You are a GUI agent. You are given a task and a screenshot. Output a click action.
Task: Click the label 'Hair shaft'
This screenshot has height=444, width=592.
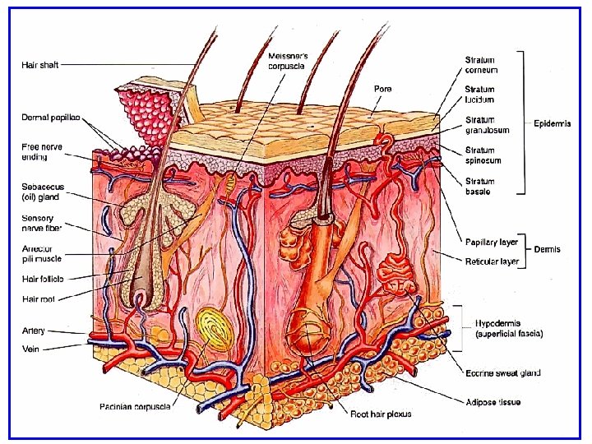[x=39, y=64]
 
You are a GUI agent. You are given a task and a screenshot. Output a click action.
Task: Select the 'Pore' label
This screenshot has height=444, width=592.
[x=382, y=88]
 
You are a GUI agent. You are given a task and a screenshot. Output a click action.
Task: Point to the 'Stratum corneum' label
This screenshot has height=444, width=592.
[x=481, y=65]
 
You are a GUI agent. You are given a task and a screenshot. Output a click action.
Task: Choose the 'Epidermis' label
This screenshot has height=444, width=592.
[x=553, y=124]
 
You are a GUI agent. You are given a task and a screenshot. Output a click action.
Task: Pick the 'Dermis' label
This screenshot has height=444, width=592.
[x=548, y=249]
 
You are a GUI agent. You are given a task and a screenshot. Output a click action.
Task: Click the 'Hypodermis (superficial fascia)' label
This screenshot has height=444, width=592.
[x=508, y=329]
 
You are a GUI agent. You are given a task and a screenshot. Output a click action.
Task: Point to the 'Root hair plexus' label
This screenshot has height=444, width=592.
[x=381, y=414]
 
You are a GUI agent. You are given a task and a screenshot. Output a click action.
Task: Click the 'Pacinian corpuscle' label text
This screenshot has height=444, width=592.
[x=136, y=405]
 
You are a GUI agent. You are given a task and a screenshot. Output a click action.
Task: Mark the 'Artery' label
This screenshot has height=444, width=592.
[x=34, y=331]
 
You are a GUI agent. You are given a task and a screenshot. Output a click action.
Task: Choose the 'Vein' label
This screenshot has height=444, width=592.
[x=31, y=348]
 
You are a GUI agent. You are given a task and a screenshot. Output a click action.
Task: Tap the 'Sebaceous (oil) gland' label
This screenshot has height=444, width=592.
[x=40, y=192]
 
